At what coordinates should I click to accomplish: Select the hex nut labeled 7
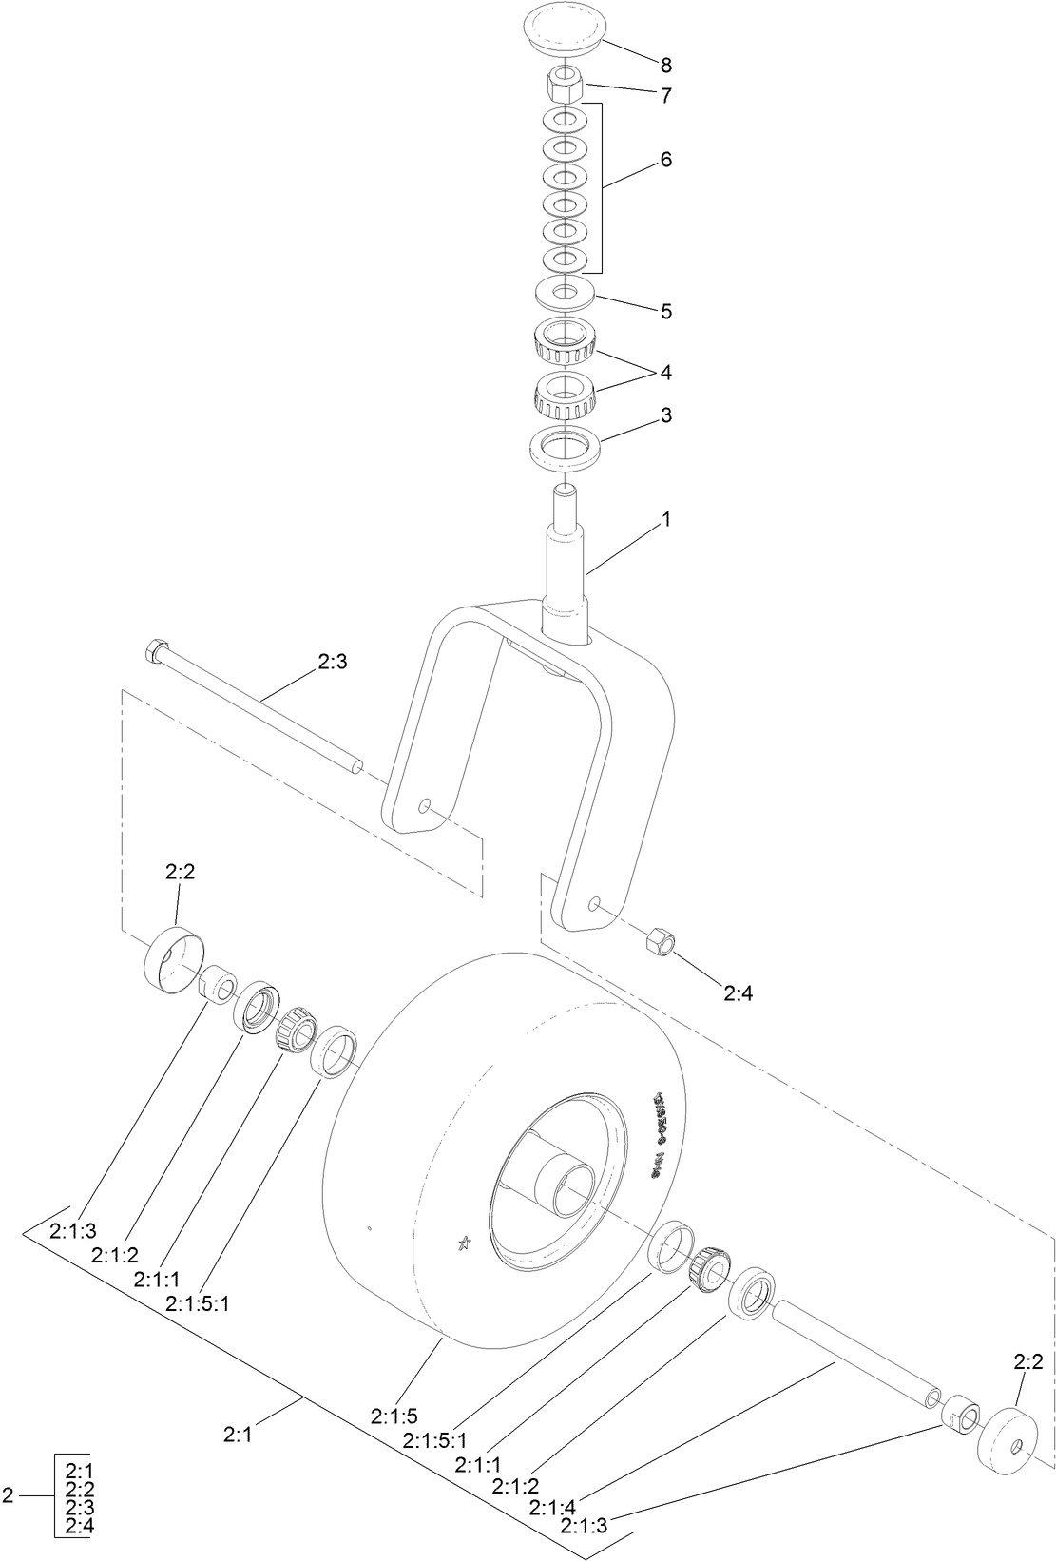(x=565, y=87)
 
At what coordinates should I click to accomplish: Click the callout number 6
(x=665, y=160)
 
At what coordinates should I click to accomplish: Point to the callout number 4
(x=665, y=373)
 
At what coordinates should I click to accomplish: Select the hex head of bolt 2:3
(x=156, y=652)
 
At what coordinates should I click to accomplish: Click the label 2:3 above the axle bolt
(x=331, y=662)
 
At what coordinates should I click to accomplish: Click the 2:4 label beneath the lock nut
(x=738, y=993)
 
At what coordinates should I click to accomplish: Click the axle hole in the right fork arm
(x=594, y=901)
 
